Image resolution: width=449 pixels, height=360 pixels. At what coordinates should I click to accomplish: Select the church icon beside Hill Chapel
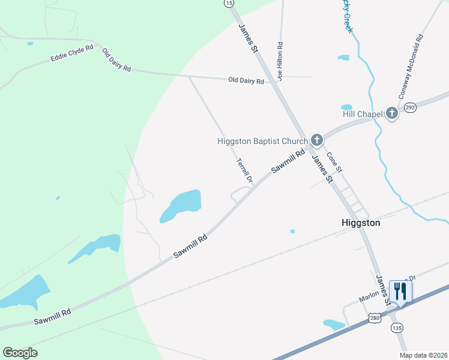[392, 113]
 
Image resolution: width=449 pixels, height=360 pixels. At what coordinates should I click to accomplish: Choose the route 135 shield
[397, 328]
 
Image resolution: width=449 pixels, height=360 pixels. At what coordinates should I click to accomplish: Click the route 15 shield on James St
[229, 3]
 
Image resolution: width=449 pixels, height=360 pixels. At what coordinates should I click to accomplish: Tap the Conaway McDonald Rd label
[411, 66]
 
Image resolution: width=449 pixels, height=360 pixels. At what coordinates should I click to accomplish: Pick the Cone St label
[334, 161]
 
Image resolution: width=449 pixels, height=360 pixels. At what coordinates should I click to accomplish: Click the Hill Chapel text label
[363, 114]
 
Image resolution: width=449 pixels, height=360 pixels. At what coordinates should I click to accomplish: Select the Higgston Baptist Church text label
[262, 142]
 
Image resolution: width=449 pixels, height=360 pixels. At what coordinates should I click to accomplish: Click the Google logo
[20, 352]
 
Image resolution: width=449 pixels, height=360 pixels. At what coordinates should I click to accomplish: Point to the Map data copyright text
[423, 355]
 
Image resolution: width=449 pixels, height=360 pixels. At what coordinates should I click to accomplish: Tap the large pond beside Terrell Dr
[181, 206]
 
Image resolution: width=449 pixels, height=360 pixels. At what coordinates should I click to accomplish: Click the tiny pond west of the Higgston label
[292, 231]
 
